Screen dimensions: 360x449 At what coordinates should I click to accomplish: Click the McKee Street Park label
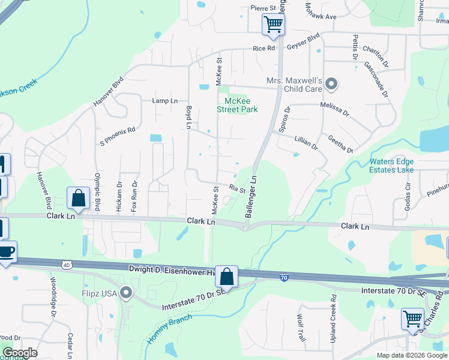[x=237, y=105]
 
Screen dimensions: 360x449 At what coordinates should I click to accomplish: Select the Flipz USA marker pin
[x=126, y=293]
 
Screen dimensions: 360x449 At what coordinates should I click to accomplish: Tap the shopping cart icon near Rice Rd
[x=273, y=25]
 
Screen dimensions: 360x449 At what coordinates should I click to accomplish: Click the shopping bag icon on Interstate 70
[x=227, y=277]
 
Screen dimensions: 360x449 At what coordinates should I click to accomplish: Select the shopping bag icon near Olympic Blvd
[x=78, y=197]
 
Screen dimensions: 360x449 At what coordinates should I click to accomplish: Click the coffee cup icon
[x=6, y=251]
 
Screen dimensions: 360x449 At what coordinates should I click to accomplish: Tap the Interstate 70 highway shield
[x=284, y=277]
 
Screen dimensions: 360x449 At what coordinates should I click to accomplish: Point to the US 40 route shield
[x=67, y=265]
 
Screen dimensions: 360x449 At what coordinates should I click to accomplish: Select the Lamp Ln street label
[x=165, y=101]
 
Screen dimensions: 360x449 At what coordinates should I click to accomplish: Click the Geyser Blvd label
[x=303, y=46]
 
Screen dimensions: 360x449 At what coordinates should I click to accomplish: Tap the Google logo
[x=19, y=353]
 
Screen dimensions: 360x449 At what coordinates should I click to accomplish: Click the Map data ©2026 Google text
[x=412, y=355]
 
